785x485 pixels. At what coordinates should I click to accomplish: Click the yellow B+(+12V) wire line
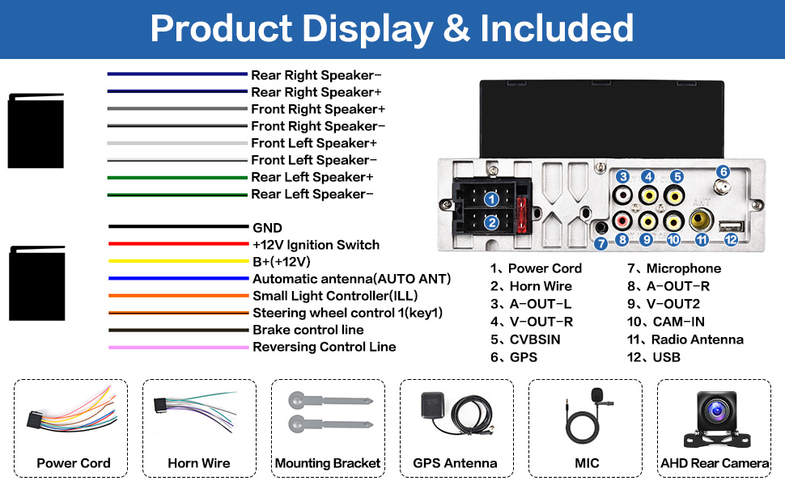click(177, 261)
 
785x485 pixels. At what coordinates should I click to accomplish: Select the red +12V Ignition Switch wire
click(177, 244)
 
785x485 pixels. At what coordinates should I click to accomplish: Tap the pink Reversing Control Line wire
click(177, 347)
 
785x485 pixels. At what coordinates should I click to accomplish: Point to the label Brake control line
click(308, 330)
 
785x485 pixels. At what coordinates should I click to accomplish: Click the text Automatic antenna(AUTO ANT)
click(351, 279)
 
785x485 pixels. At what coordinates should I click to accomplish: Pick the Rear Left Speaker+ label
click(312, 177)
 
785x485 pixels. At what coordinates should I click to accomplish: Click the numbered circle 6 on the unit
click(723, 171)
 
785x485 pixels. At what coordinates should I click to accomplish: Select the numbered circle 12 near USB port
click(731, 239)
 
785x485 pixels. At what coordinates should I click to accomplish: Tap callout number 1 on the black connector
click(490, 198)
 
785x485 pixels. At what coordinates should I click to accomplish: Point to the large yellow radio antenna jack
click(702, 219)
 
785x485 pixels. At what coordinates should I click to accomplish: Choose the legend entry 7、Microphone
click(673, 268)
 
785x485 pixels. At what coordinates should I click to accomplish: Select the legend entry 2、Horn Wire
click(530, 286)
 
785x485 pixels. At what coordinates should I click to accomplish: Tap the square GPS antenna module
click(430, 404)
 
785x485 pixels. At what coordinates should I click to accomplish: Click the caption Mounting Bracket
click(327, 463)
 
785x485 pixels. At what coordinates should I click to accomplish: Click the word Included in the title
click(557, 29)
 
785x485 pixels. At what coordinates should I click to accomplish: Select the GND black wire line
click(177, 227)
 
